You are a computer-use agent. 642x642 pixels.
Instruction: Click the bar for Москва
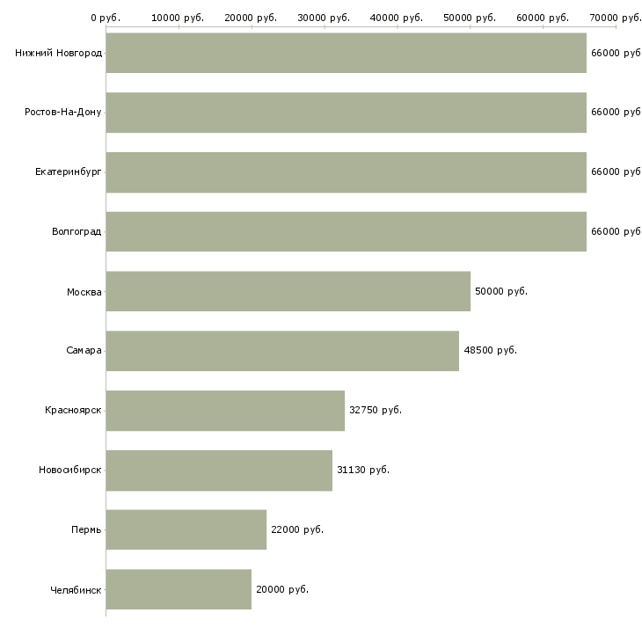[288, 291]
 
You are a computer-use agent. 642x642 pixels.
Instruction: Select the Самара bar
[282, 351]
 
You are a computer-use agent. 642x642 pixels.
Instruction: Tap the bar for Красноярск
[226, 411]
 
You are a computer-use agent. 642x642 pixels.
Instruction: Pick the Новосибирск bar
[220, 471]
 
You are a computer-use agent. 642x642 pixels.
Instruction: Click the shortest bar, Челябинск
[179, 589]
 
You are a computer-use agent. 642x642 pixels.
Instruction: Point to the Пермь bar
[186, 529]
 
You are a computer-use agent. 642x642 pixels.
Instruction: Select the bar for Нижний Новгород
[347, 53]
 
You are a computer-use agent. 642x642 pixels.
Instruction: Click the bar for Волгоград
[347, 231]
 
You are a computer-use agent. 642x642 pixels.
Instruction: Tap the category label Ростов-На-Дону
[63, 113]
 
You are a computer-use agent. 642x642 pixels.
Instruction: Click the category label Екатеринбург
[68, 172]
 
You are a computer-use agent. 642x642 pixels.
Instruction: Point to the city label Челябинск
[76, 590]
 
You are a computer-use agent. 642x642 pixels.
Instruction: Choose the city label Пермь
[86, 529]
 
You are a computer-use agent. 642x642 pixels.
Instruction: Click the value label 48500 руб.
[490, 351]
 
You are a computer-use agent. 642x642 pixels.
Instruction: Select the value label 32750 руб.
[376, 410]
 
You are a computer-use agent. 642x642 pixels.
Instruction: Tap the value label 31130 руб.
[363, 470]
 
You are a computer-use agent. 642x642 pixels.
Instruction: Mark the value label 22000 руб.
[297, 529]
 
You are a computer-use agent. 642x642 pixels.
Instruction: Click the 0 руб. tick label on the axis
[106, 18]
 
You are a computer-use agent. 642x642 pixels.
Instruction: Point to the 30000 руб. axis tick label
[324, 18]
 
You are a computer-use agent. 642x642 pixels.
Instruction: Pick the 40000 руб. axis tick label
[397, 18]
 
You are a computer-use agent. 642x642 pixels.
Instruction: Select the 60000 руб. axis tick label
[543, 18]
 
